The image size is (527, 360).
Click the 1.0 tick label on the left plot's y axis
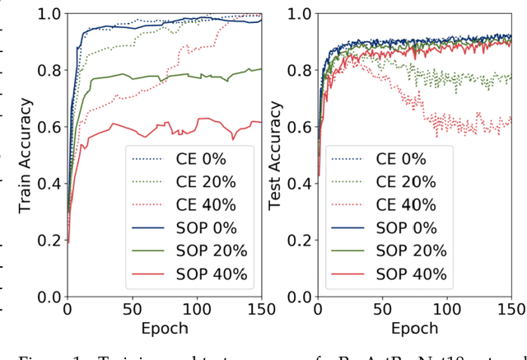coord(50,14)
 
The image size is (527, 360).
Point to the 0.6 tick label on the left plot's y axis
coord(50,127)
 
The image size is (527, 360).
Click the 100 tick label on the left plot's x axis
coord(197,310)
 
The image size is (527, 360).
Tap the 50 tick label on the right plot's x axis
coord(382,310)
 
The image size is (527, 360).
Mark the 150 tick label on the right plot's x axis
coord(511,310)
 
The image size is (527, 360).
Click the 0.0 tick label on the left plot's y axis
coord(50,297)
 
